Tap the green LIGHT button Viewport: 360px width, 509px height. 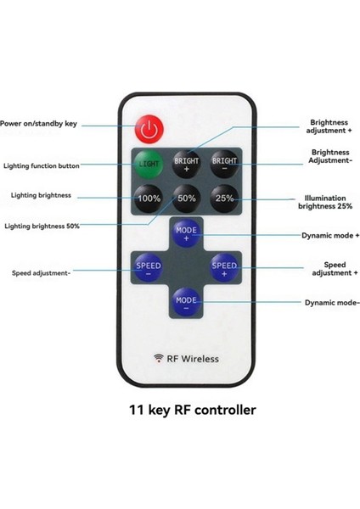coord(149,165)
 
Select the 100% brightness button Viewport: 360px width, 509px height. coord(149,199)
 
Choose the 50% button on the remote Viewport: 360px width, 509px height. coord(187,199)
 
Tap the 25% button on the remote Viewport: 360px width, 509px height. coord(224,199)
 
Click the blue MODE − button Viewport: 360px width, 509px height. coord(187,301)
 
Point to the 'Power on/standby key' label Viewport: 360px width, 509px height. coord(39,124)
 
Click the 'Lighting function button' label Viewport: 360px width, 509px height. coord(42,165)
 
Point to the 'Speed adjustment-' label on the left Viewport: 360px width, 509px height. coord(41,273)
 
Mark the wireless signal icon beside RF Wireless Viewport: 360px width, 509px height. coord(159,358)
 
